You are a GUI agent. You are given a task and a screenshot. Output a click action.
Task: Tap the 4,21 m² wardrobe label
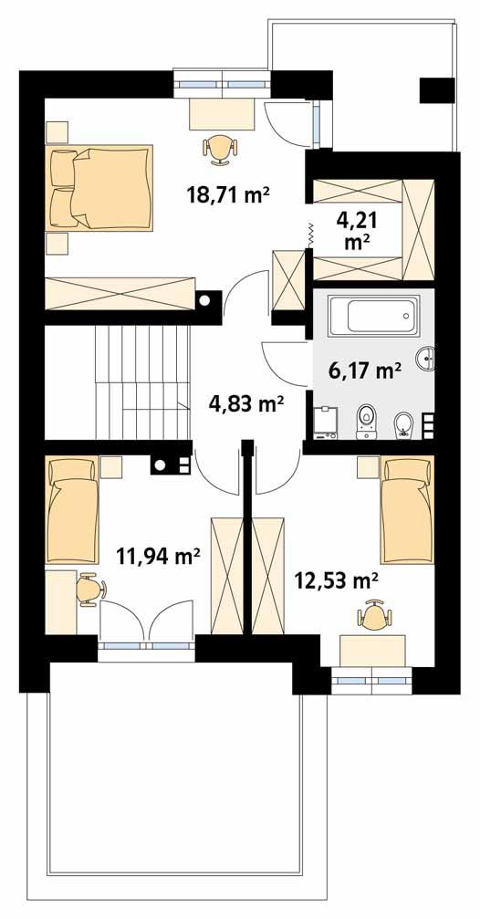click(357, 230)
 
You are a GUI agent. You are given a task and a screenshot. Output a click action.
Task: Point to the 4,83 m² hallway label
click(245, 402)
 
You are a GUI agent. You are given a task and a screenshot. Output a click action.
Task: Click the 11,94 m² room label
click(159, 555)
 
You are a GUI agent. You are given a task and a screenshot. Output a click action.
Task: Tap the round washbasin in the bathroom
click(426, 360)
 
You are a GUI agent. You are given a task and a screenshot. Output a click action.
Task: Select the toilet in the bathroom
click(367, 419)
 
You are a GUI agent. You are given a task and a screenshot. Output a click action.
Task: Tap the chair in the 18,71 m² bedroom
click(220, 148)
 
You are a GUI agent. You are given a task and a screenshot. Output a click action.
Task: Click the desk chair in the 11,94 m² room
click(88, 589)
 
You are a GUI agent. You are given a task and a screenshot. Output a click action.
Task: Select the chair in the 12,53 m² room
click(373, 617)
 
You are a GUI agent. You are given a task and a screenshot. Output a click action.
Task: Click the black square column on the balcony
click(436, 90)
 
